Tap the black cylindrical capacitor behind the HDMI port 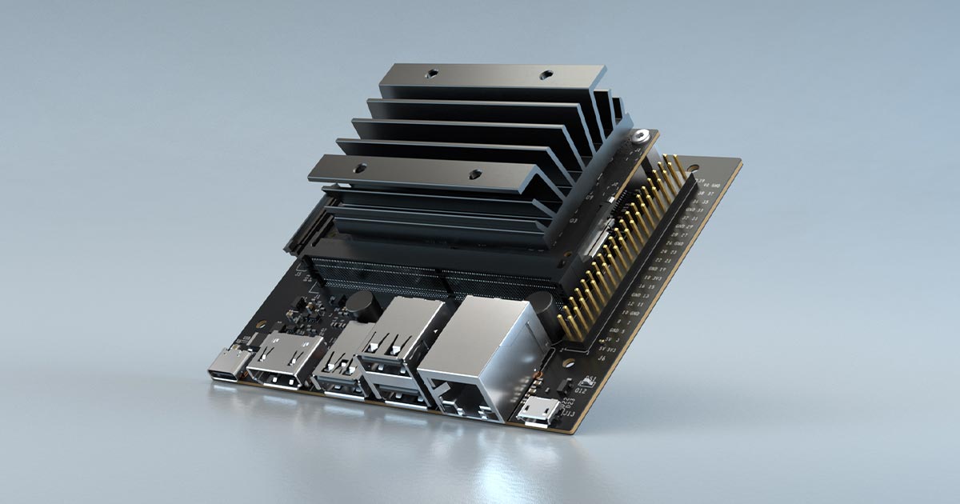point(361,303)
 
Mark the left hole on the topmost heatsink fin point(430,74)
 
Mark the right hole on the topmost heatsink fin point(546,76)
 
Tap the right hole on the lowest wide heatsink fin point(475,171)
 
